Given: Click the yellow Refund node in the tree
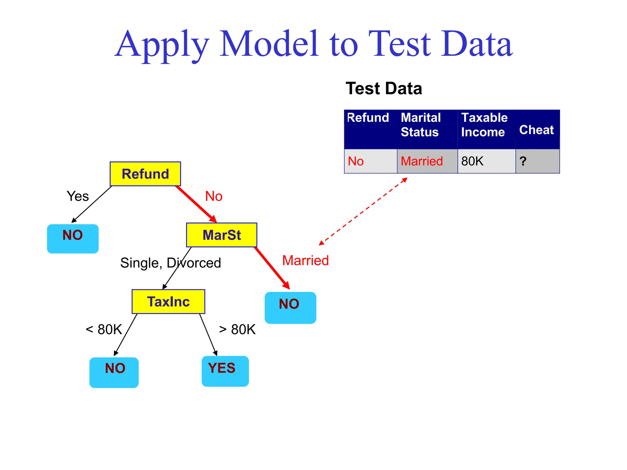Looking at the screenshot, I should pyautogui.click(x=145, y=174).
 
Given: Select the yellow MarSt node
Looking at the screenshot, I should pyautogui.click(x=222, y=235).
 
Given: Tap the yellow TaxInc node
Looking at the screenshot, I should pyautogui.click(x=168, y=301).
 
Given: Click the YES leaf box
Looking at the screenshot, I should pyautogui.click(x=225, y=371).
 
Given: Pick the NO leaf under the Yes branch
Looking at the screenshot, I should pyautogui.click(x=73, y=239).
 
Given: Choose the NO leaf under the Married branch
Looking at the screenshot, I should pyautogui.click(x=290, y=308).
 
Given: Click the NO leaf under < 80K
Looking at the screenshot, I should pyautogui.click(x=114, y=372).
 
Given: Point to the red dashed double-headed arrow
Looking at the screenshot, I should pyautogui.click(x=363, y=211).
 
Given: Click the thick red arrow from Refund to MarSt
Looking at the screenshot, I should pyautogui.click(x=196, y=203).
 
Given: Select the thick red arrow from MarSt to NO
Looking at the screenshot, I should pyautogui.click(x=271, y=267).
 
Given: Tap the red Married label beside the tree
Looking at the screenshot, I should pyautogui.click(x=305, y=260).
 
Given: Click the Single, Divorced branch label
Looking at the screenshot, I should pyautogui.click(x=171, y=263).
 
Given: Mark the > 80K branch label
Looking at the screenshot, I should pyautogui.click(x=237, y=330).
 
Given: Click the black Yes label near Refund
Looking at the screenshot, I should pyautogui.click(x=78, y=196).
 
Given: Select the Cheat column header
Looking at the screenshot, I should pyautogui.click(x=536, y=130).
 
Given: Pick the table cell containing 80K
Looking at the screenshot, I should pyautogui.click(x=486, y=161).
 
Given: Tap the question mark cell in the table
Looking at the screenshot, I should pyautogui.click(x=537, y=161).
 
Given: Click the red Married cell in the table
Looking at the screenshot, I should pyautogui.click(x=427, y=161).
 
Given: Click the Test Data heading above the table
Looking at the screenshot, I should pyautogui.click(x=384, y=88).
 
